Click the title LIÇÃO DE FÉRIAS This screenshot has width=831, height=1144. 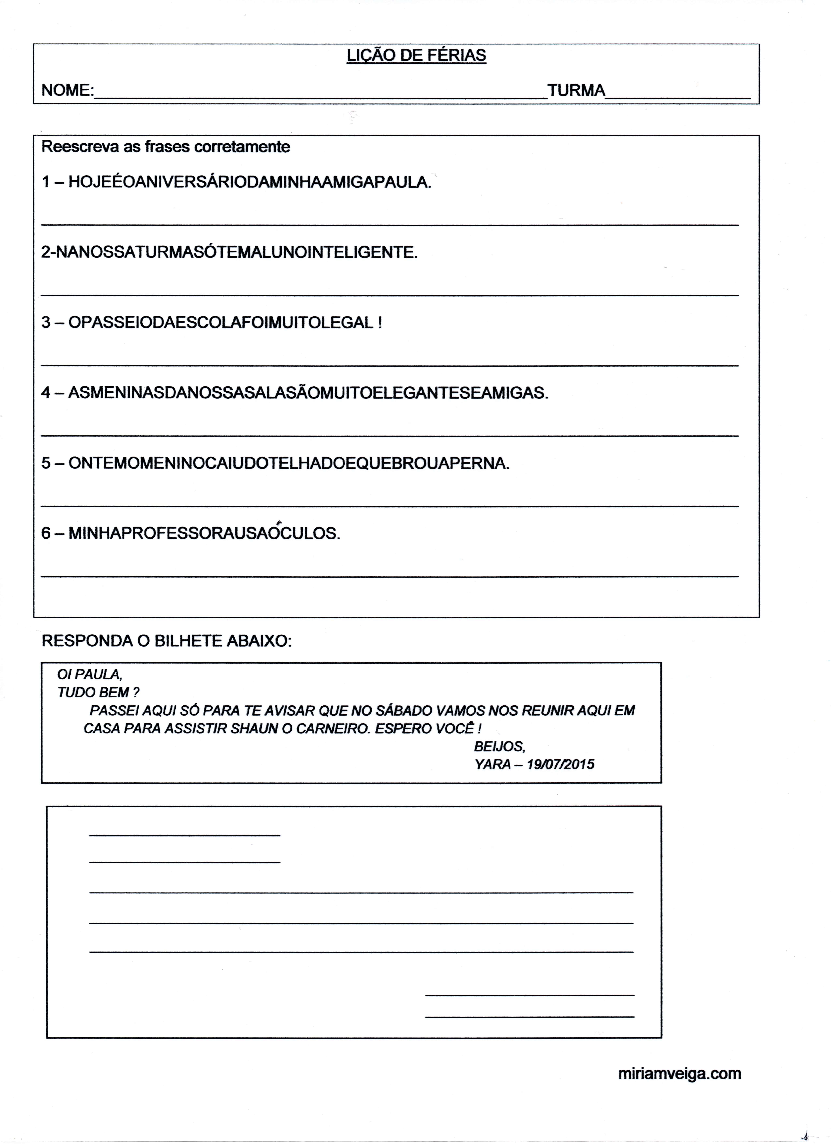point(416,55)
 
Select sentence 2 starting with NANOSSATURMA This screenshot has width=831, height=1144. point(229,252)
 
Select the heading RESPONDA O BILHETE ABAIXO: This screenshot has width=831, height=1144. point(166,641)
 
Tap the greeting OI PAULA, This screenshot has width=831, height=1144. point(90,674)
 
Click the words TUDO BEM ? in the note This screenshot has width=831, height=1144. point(98,693)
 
